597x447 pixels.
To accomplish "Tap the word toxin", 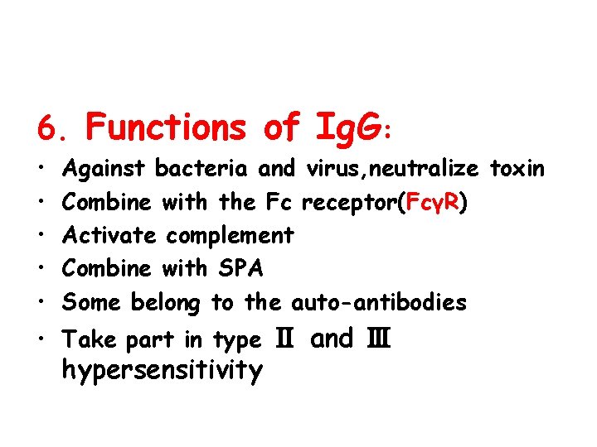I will tap(517, 169).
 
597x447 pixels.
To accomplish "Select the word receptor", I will tap(347, 203).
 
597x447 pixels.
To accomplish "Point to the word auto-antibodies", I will tap(378, 302).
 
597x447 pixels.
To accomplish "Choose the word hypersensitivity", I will tap(163, 370).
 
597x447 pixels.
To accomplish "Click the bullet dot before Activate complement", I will tap(42, 236).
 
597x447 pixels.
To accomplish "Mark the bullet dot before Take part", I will tap(42, 339).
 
